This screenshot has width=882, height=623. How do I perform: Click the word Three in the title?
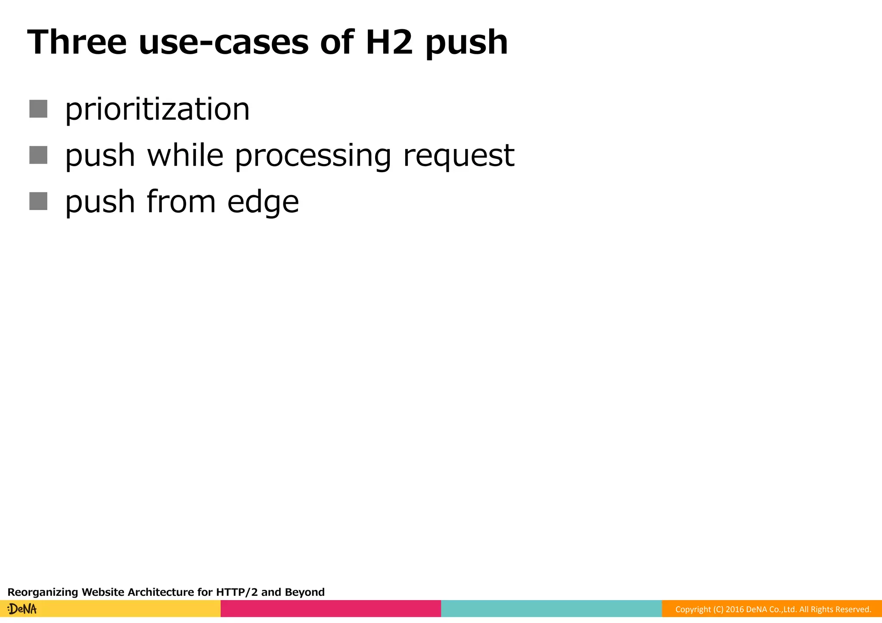coord(77,42)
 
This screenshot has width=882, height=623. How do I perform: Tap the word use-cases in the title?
coord(224,42)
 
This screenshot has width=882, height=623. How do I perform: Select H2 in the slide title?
coord(389,42)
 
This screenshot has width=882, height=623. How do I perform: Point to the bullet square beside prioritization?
coord(38,108)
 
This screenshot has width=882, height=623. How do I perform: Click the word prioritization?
coord(157,109)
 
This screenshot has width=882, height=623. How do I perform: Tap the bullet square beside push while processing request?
coord(38,155)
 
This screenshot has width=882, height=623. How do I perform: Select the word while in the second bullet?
coord(185,155)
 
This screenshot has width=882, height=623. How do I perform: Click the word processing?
coord(313,156)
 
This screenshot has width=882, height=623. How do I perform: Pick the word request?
coord(459,156)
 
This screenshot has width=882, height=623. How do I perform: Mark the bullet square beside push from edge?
coord(38,201)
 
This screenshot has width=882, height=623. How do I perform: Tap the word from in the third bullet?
coord(181,201)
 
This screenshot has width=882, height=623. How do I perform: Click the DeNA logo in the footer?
coord(22,609)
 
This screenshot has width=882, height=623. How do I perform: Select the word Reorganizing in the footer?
coord(43,592)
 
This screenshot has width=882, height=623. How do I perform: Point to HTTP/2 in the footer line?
coord(237,592)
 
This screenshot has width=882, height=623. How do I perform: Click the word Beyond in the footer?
coord(305,592)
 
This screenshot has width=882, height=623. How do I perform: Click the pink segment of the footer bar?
coord(331,609)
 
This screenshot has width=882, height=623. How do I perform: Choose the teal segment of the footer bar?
coord(551,609)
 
